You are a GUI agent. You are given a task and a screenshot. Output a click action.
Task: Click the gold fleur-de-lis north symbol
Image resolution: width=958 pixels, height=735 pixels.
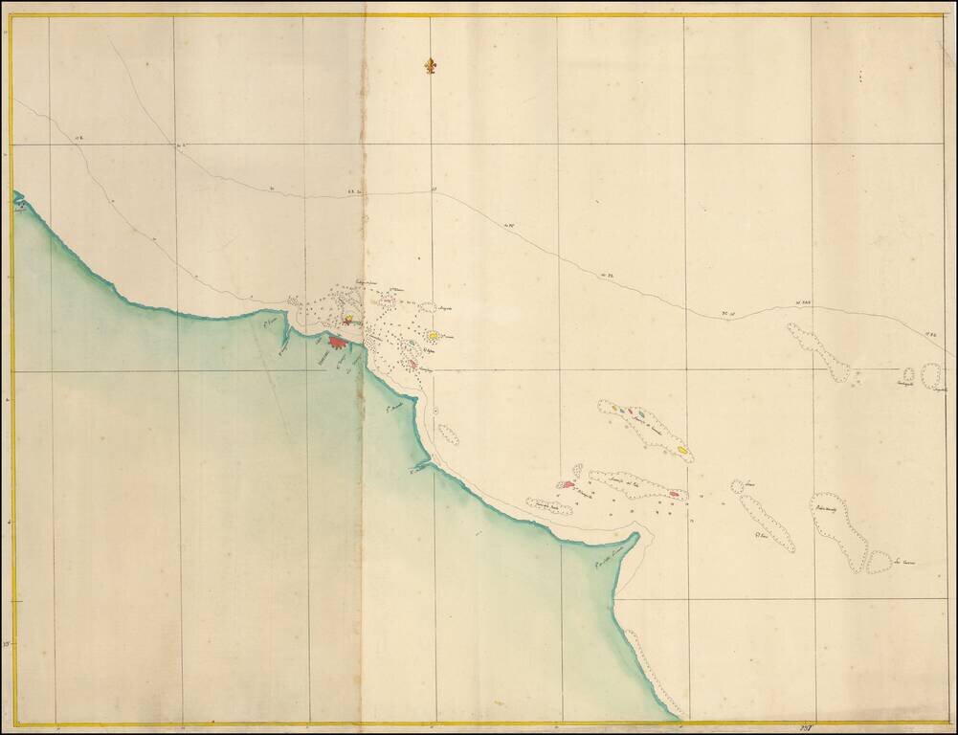(430, 66)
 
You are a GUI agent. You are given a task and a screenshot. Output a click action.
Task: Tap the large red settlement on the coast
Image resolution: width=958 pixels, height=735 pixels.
(337, 341)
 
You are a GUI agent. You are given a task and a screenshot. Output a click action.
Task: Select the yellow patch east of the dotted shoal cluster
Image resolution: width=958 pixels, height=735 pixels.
(434, 336)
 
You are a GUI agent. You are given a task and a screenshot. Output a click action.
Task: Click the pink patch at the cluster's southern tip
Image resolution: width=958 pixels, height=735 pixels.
(412, 364)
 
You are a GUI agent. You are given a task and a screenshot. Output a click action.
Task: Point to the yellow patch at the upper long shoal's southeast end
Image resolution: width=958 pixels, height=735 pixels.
(682, 449)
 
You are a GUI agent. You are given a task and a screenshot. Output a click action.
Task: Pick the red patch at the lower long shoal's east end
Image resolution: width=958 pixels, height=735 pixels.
(675, 494)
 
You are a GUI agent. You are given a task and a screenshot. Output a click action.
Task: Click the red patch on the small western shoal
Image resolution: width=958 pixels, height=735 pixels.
(567, 485)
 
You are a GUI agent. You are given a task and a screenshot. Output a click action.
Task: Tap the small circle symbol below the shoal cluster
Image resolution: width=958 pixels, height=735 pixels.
(435, 411)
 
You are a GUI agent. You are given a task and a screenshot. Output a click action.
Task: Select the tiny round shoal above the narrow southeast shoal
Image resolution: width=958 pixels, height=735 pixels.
(738, 486)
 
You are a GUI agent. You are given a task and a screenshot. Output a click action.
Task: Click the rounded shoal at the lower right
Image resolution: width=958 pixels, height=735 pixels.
(879, 562)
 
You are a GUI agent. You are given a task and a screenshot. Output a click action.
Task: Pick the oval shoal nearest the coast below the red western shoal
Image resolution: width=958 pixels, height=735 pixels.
(549, 505)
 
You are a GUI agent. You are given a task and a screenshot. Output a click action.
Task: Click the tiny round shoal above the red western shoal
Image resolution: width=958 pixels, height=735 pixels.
(577, 471)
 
